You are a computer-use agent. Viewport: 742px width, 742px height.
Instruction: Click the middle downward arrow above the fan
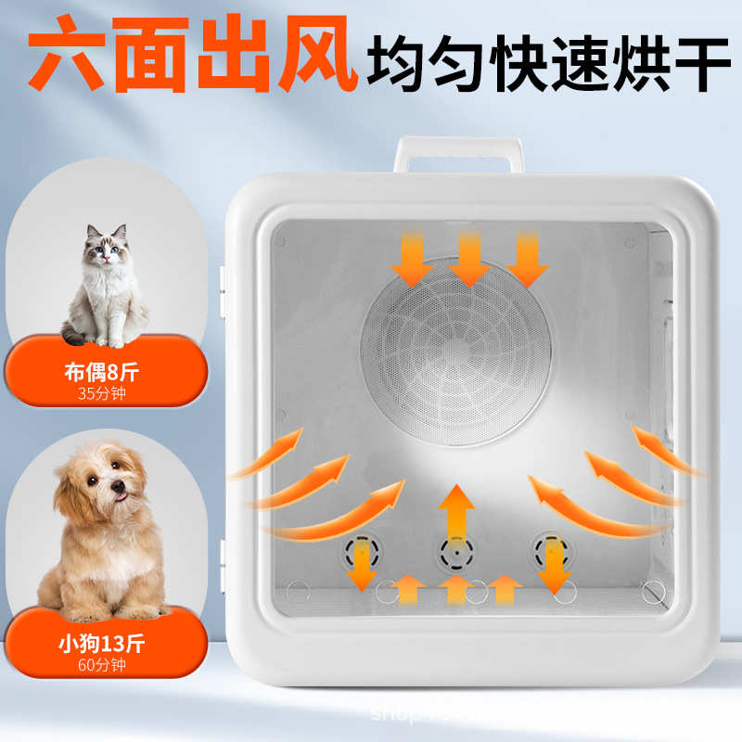tap(468, 258)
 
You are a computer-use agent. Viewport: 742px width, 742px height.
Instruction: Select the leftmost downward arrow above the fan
tap(411, 258)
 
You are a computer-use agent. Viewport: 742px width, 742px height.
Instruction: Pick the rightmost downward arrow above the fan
tap(528, 258)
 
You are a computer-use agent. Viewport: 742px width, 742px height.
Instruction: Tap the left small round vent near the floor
tap(357, 554)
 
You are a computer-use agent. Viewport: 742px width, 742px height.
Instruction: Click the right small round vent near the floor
tap(553, 554)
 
